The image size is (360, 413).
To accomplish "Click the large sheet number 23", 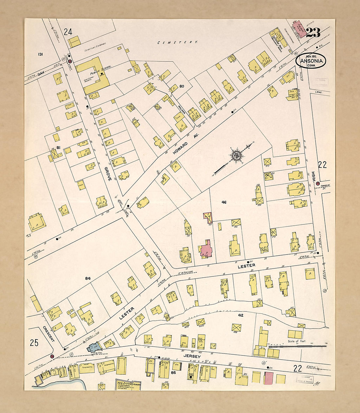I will (x=313, y=32).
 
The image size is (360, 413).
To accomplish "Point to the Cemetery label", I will (x=178, y=42).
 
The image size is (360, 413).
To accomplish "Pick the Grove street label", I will (x=108, y=174).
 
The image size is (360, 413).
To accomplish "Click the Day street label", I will (x=41, y=74).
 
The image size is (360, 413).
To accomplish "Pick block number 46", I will (x=224, y=202).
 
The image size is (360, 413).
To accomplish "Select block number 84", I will (x=88, y=278).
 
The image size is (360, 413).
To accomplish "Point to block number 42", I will (x=241, y=315).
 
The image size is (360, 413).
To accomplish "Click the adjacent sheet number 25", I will (x=34, y=343).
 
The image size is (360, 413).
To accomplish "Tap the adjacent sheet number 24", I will (x=68, y=32).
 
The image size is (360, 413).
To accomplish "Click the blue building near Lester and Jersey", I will (x=93, y=347).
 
